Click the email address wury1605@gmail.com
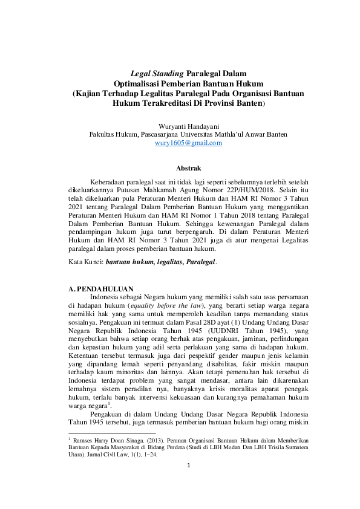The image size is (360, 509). click(x=180, y=143)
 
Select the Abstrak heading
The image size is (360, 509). click(x=180, y=167)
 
